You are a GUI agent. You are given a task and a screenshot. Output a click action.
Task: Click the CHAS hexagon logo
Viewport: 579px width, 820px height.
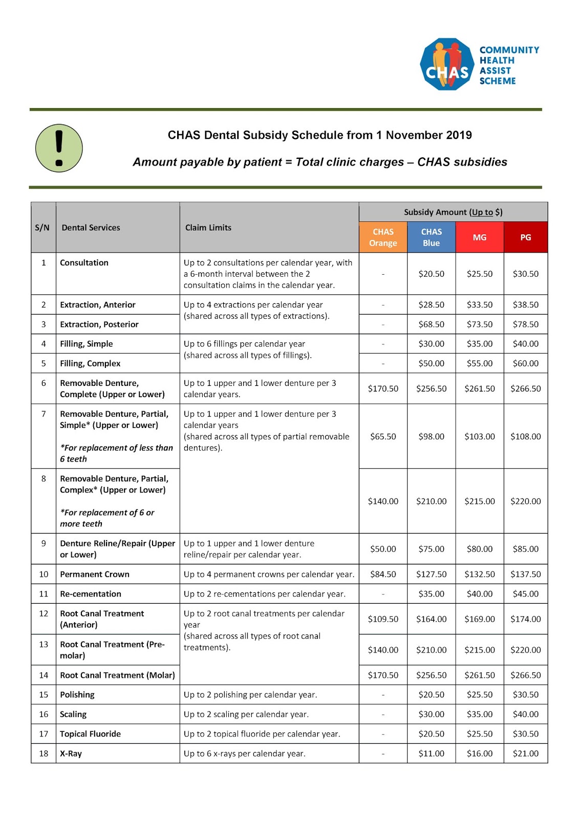(447, 65)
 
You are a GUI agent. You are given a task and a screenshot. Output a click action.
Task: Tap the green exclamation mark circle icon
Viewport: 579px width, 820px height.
(59, 148)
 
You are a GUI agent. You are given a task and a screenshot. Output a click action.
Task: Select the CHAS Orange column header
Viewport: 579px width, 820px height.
(383, 237)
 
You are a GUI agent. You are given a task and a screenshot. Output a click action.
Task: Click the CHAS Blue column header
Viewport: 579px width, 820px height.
(431, 237)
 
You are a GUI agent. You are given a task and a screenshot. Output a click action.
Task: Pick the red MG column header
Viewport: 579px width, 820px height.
(480, 237)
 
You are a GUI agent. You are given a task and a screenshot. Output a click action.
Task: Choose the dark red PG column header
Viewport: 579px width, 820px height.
(526, 237)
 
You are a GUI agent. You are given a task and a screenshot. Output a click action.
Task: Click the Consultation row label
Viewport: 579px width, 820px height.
(84, 262)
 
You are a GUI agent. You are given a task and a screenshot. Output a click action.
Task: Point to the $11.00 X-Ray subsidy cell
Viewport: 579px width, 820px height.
(431, 753)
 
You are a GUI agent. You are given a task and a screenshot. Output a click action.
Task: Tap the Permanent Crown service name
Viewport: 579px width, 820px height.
(95, 574)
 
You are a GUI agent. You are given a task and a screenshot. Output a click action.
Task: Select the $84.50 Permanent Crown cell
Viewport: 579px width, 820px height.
(383, 574)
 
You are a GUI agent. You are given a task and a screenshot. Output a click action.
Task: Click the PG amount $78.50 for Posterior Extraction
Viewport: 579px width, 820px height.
(526, 324)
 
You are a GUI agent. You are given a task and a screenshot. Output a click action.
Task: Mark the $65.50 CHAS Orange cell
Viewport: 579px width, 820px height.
(383, 436)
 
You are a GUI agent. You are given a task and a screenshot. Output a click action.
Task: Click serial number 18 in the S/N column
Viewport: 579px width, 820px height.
(44, 753)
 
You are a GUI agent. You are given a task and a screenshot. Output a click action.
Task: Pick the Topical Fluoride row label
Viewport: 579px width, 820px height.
(91, 734)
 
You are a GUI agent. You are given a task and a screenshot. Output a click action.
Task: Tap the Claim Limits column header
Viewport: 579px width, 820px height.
(208, 228)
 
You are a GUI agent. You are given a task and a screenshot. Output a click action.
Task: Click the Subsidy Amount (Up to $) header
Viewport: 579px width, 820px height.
(453, 212)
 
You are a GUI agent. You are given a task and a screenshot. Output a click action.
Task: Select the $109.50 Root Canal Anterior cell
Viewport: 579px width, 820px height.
(383, 619)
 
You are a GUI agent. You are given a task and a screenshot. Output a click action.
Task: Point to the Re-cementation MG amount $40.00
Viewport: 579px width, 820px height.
(480, 594)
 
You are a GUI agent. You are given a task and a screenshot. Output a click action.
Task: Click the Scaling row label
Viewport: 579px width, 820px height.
(73, 714)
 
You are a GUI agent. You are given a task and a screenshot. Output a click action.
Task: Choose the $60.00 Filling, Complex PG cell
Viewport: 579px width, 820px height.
(526, 363)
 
